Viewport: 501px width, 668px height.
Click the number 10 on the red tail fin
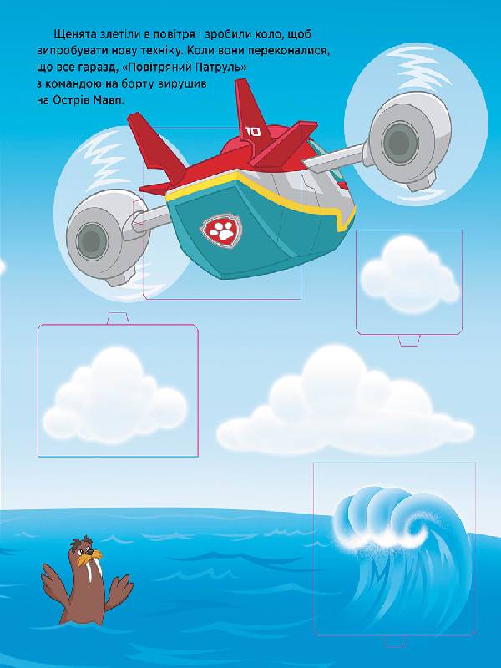(253, 132)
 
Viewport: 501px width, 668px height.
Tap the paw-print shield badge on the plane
(221, 228)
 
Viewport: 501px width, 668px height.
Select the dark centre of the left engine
(90, 240)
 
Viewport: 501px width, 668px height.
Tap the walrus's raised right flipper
(120, 587)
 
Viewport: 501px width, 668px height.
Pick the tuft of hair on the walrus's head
(82, 541)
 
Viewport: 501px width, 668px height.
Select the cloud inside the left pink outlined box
(115, 396)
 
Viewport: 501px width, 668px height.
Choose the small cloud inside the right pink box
(409, 275)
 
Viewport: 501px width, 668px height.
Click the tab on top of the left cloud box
(118, 318)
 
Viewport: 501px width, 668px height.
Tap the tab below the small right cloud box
(409, 340)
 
